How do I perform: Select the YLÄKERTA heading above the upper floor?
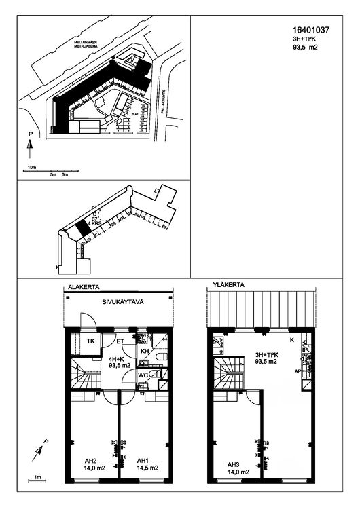(x=228, y=285)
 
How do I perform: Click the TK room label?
(x=90, y=341)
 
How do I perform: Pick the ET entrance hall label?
(x=120, y=341)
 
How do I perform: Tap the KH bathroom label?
(x=144, y=351)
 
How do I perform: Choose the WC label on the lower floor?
(x=143, y=375)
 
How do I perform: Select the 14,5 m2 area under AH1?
(x=147, y=468)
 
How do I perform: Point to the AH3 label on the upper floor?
(x=235, y=464)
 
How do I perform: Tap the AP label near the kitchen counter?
(x=297, y=372)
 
